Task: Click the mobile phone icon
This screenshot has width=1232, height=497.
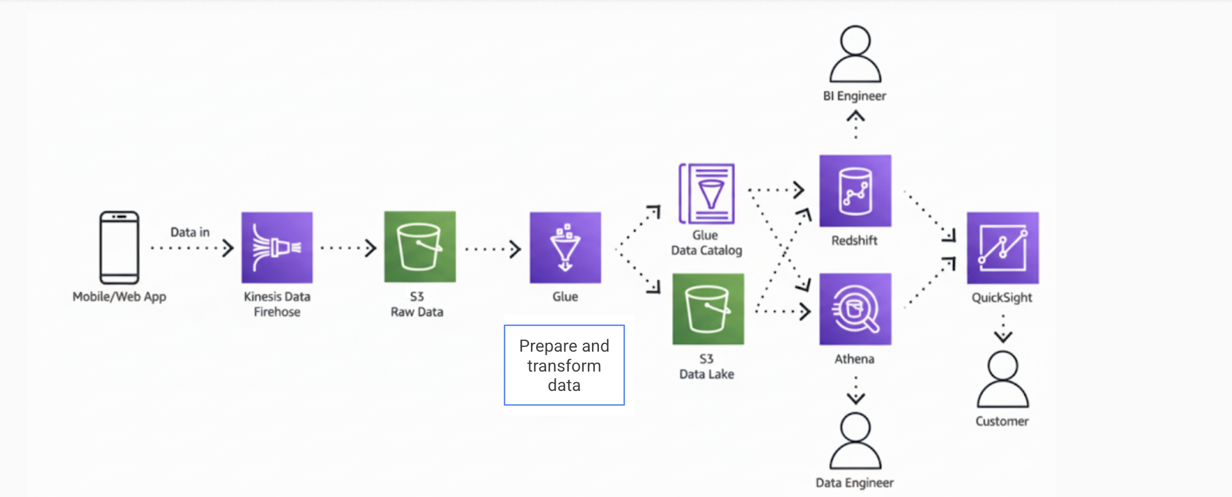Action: pos(119,247)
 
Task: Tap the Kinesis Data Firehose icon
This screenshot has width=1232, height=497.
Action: pos(277,247)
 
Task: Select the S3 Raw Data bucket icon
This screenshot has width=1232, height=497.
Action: pos(419,247)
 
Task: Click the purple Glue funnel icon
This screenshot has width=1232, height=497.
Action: pos(565,247)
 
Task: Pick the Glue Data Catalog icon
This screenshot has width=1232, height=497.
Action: pos(707,194)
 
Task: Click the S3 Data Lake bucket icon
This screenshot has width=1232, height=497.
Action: pos(708,309)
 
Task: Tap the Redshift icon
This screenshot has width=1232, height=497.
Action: pos(855,190)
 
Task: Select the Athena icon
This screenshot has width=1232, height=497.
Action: pos(855,309)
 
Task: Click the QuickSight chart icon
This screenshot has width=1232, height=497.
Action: pos(1003,248)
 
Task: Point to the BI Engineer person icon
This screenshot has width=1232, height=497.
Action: pos(855,54)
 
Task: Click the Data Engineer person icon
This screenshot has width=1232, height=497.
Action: pos(855,441)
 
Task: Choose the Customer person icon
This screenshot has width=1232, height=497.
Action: pos(1003,379)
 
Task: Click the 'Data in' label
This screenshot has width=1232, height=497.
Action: pos(189,232)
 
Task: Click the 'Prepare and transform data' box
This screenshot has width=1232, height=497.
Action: pos(564,365)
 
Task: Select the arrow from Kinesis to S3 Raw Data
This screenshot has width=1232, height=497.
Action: pos(348,248)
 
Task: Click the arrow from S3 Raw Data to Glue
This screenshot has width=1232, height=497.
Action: pos(493,249)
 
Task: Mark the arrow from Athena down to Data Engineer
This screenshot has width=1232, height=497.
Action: pos(856,390)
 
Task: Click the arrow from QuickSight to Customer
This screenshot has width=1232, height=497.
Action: pos(1003,329)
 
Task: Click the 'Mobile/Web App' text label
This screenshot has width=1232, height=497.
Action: pos(119,297)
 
